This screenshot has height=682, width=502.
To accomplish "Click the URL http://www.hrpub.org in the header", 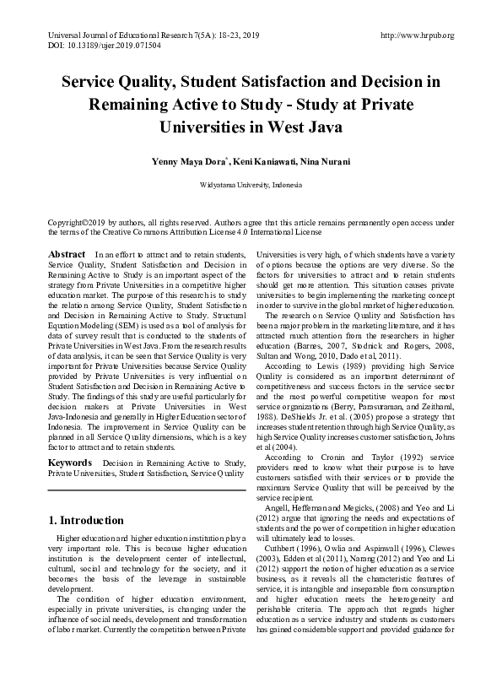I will pyautogui.click(x=418, y=35).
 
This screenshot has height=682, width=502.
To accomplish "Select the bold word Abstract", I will pyautogui.click(x=67, y=254).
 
